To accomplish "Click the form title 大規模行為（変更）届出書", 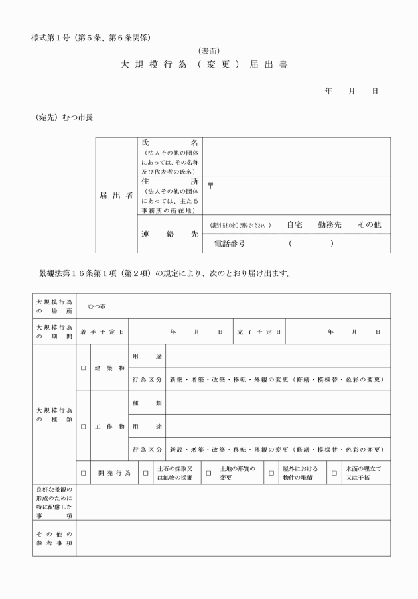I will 204,66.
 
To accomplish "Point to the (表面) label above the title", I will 209,51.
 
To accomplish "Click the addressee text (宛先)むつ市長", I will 64,117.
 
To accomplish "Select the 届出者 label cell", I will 116,196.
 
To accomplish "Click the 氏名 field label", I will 170,143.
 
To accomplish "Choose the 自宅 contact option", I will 295,225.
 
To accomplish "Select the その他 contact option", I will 369,225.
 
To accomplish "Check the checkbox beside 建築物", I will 83,367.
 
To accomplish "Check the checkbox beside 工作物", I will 83,426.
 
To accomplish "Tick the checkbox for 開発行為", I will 83,473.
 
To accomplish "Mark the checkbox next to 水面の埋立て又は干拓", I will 334,473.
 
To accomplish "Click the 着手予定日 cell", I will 103,331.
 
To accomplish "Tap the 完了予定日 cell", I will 259,331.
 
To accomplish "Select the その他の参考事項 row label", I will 54,538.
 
